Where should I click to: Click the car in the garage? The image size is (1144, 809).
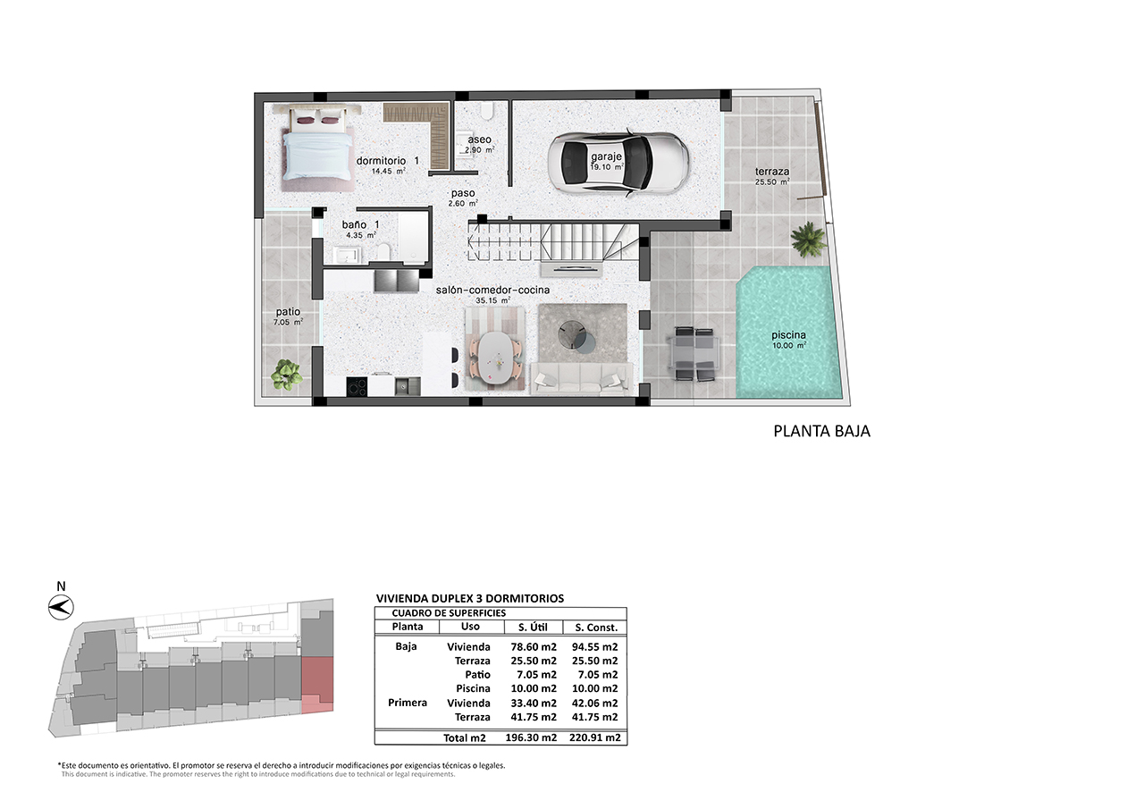[618, 163]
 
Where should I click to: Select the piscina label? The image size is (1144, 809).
[788, 335]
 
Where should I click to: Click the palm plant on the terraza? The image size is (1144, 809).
[808, 239]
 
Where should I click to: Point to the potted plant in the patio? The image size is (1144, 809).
[287, 375]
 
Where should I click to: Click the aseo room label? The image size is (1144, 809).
[479, 139]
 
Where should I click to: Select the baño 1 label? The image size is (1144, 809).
[360, 224]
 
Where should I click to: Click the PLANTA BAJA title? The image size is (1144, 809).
[821, 431]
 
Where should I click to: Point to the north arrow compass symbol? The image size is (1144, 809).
[61, 608]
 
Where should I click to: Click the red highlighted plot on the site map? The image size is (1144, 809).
[317, 685]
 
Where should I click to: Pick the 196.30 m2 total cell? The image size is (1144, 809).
[531, 737]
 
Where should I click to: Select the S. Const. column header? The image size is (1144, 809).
[596, 628]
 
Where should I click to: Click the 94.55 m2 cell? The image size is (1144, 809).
[594, 646]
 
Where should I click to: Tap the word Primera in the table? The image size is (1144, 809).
[407, 703]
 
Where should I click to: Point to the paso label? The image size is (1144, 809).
[463, 193]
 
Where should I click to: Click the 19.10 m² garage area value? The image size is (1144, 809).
[606, 167]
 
